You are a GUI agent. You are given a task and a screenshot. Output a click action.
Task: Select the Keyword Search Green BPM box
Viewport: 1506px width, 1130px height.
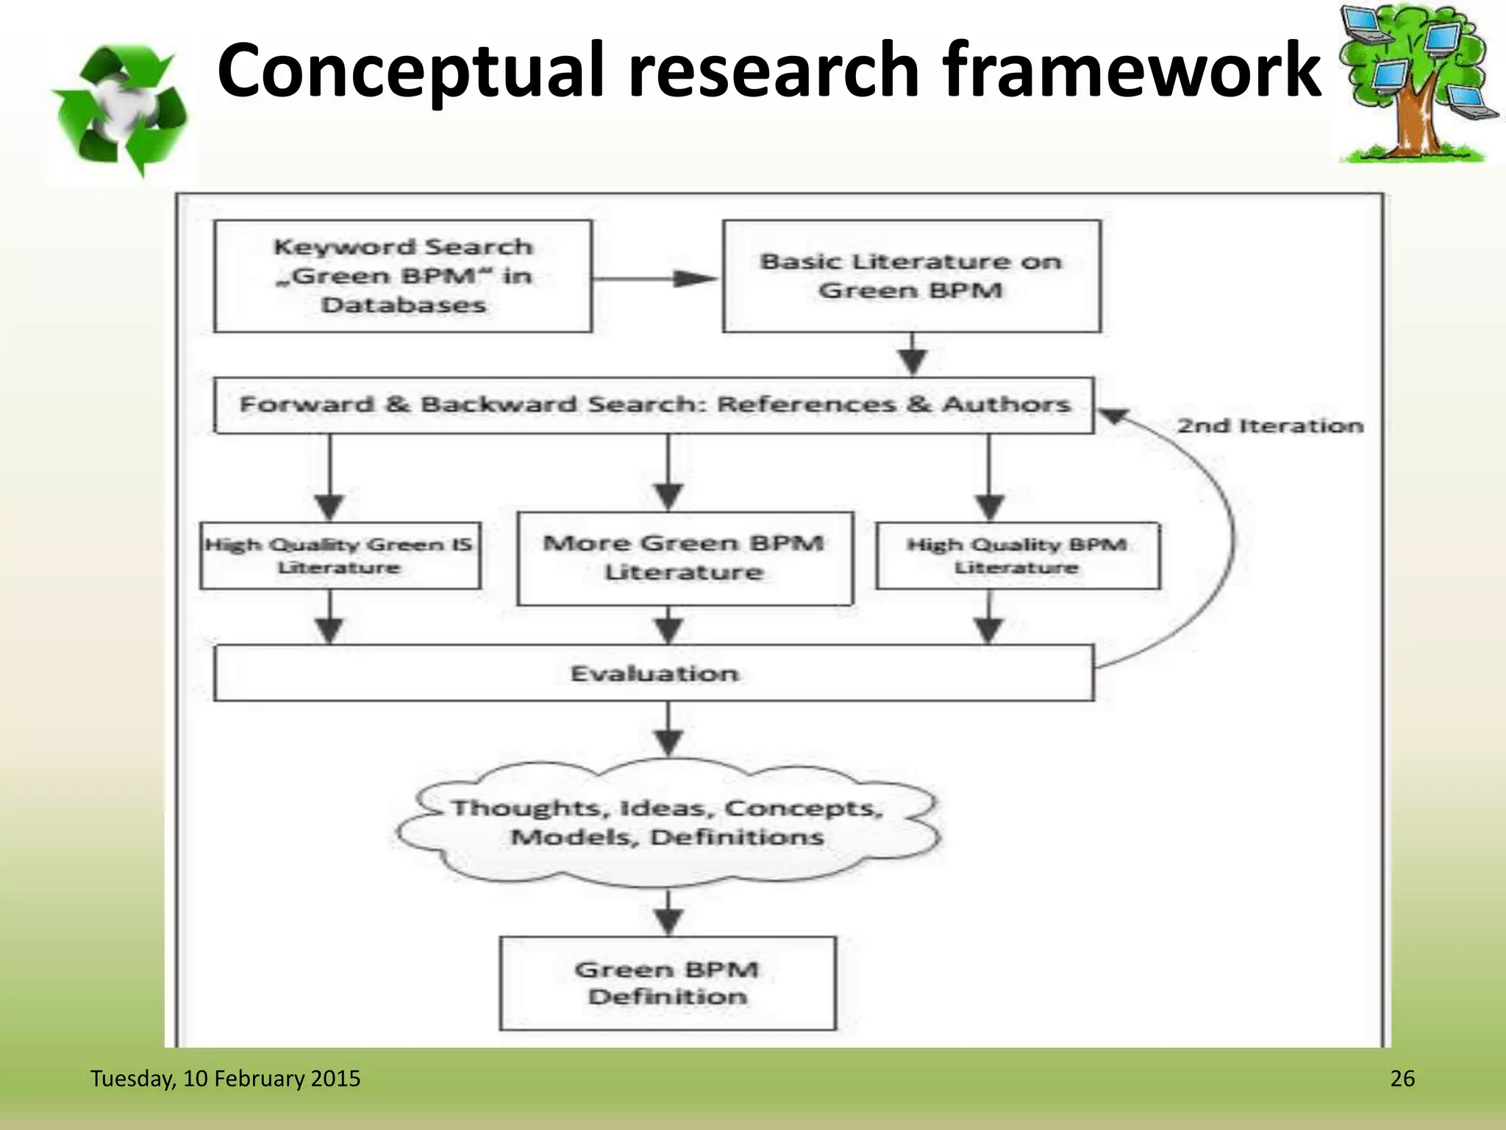tap(403, 277)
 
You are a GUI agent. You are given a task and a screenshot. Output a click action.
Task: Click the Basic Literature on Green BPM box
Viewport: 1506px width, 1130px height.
tap(911, 277)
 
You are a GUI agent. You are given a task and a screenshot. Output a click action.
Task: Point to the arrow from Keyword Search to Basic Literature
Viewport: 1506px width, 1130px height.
tap(656, 279)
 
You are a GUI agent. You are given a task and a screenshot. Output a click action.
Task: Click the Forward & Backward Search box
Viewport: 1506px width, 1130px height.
tap(654, 405)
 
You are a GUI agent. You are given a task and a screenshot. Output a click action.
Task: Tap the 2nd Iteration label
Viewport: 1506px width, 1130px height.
tap(1270, 426)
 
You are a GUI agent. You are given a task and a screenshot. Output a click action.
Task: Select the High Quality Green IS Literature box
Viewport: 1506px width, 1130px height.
tap(340, 556)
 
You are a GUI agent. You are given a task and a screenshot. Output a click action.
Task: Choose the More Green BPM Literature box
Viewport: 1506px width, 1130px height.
tap(685, 558)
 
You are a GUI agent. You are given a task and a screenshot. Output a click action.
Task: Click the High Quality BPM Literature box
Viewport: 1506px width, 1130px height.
tap(1018, 556)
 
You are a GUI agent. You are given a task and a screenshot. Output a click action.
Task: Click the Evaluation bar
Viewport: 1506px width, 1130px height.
tap(654, 673)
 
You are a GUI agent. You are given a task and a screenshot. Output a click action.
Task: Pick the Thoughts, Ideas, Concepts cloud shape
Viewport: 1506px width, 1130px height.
tap(668, 822)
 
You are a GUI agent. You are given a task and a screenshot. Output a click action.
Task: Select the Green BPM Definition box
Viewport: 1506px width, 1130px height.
tap(668, 983)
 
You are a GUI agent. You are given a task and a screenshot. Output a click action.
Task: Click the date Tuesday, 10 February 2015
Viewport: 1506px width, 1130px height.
tap(225, 1079)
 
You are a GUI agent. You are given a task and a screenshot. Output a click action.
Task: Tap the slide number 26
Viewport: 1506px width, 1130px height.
tap(1402, 1079)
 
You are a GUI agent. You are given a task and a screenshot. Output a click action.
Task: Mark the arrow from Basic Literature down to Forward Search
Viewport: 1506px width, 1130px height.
tap(913, 355)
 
